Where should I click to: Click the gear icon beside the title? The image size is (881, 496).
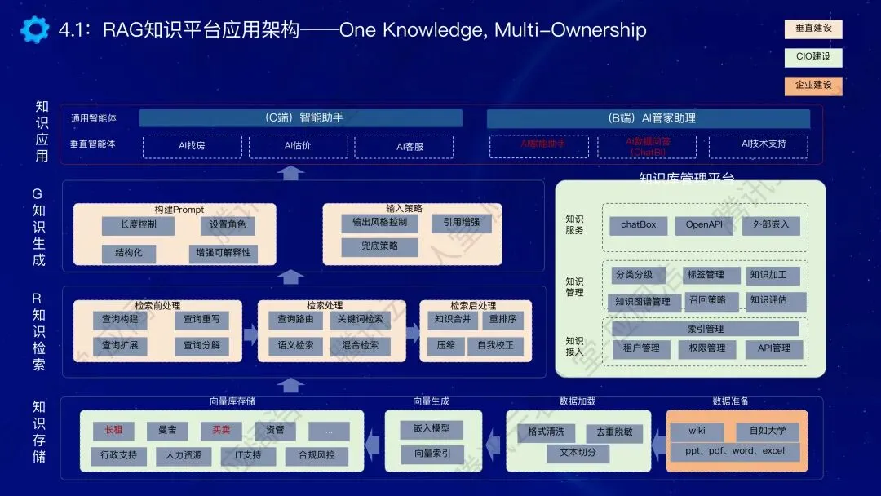click(x=34, y=30)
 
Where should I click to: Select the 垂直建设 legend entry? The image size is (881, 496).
click(x=813, y=29)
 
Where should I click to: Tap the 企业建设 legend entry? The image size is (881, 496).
click(x=813, y=85)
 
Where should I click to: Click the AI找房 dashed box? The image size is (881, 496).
click(x=193, y=146)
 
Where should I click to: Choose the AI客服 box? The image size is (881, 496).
click(x=405, y=146)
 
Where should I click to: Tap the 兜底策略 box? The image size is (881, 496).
click(x=379, y=246)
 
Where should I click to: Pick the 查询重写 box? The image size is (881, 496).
click(x=201, y=320)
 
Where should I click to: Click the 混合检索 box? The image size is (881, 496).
click(x=360, y=346)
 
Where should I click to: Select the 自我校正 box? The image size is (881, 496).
click(x=495, y=346)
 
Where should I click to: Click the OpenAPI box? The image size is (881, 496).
click(x=704, y=225)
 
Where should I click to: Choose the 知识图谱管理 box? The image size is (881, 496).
click(x=643, y=301)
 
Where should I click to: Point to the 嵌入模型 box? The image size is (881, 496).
click(x=432, y=429)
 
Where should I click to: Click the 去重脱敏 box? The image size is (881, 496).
click(x=614, y=433)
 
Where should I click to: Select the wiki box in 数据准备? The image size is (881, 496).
click(x=696, y=431)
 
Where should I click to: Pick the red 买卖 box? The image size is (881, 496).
click(x=221, y=430)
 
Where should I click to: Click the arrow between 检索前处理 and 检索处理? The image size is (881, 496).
click(x=251, y=333)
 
